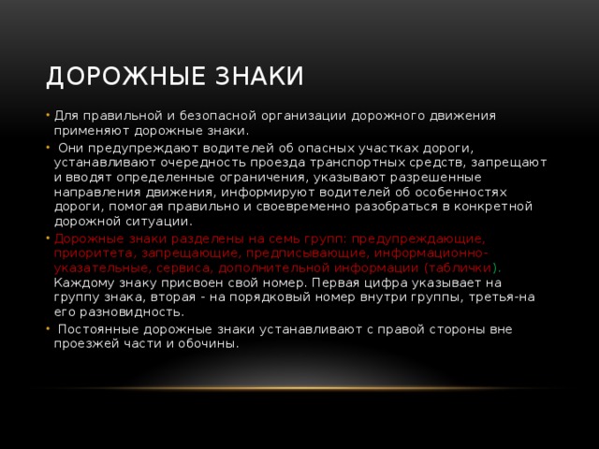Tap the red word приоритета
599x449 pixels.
pos(94,253)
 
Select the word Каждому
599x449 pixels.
pos(85,282)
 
